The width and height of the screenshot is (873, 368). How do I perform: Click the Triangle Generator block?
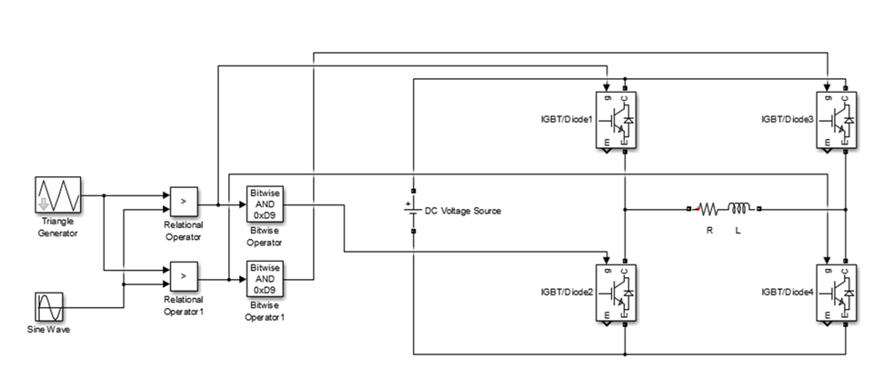59,196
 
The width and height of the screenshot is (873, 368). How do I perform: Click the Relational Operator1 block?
183,274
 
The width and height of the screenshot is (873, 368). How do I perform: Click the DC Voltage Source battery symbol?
413,210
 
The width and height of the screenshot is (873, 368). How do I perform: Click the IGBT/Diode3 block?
838,119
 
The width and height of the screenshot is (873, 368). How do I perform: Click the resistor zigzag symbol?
710,210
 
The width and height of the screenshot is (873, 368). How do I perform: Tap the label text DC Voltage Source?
463,211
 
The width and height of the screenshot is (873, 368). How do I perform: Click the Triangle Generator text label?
58,227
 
